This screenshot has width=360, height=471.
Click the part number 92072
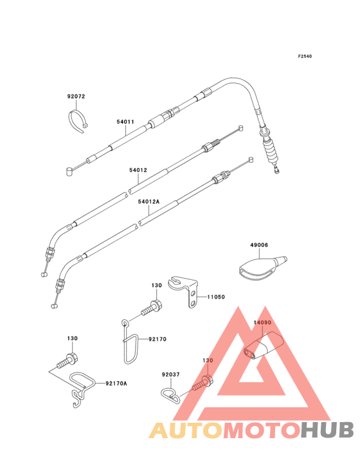pyautogui.click(x=76, y=97)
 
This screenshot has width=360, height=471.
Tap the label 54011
pyautogui.click(x=125, y=122)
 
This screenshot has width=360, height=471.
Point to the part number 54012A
pyautogui.click(x=148, y=201)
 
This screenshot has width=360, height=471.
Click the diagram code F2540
pyautogui.click(x=305, y=56)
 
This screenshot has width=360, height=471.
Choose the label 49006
pyautogui.click(x=259, y=245)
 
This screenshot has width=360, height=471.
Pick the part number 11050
pyautogui.click(x=216, y=297)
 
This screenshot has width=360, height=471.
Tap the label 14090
pyautogui.click(x=262, y=322)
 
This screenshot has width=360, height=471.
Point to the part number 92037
pyautogui.click(x=171, y=374)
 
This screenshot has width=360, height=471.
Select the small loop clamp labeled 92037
pyautogui.click(x=170, y=396)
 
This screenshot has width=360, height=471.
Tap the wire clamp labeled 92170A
pyautogui.click(x=82, y=389)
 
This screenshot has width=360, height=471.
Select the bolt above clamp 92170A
pyautogui.click(x=67, y=360)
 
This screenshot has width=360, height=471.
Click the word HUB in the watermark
pyautogui.click(x=327, y=430)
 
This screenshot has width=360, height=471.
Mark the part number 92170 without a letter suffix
pyautogui.click(x=157, y=339)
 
